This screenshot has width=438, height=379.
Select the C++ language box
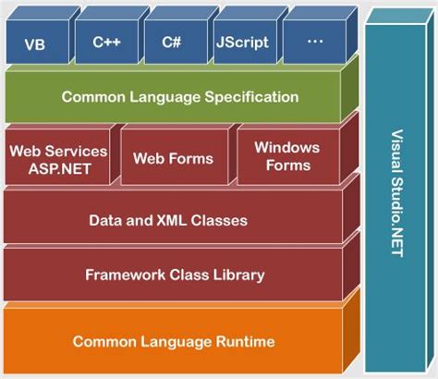click(103, 43)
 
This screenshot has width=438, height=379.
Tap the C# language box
click(171, 43)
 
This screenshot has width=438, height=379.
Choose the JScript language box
click(241, 43)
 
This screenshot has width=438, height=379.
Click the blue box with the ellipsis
click(313, 43)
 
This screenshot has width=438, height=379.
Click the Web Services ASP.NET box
click(57, 158)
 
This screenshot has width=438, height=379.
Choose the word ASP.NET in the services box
click(57, 167)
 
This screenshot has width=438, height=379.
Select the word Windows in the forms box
click(287, 148)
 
